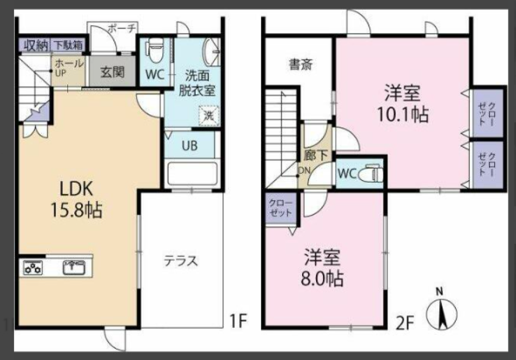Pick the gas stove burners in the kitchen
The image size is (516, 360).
(34, 267)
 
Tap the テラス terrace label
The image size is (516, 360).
(181, 262)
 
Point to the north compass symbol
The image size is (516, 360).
(440, 312)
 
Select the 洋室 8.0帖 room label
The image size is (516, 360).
(322, 268)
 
